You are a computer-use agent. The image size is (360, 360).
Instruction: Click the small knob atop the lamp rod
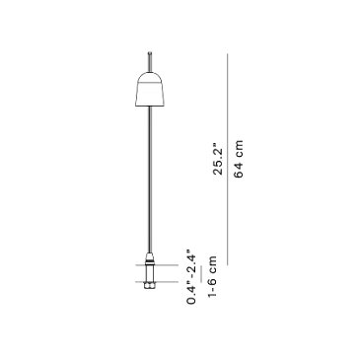pyautogui.click(x=150, y=52)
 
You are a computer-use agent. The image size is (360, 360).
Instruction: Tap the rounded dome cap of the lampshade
pyautogui.click(x=150, y=78)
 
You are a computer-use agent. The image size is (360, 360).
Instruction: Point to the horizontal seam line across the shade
pyautogui.click(x=150, y=85)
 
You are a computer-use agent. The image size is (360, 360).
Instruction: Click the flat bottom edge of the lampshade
pyautogui.click(x=150, y=106)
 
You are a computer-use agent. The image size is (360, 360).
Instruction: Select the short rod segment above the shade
pyautogui.click(x=150, y=62)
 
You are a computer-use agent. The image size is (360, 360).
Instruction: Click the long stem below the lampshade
pyautogui.click(x=150, y=180)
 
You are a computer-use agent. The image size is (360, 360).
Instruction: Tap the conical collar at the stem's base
pyautogui.click(x=150, y=257)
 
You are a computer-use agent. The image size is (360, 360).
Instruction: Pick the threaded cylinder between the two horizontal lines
pyautogui.click(x=150, y=273)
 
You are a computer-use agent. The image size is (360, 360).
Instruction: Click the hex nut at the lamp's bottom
pyautogui.click(x=150, y=286)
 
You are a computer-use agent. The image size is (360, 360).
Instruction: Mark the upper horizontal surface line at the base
pyautogui.click(x=157, y=265)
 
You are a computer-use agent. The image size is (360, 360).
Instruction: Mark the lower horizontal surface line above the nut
pyautogui.click(x=157, y=282)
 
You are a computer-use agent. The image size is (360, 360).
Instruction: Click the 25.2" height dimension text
pyautogui.click(x=218, y=159)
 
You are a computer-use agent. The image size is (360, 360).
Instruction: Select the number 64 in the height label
pyautogui.click(x=239, y=170)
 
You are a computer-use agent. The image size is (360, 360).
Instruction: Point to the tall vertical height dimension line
pyautogui.click(x=228, y=159)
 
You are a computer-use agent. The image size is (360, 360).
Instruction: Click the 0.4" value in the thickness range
pyautogui.click(x=191, y=294)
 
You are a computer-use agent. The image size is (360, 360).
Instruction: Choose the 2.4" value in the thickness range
pyautogui.click(x=191, y=263)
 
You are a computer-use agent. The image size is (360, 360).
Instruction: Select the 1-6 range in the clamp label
pyautogui.click(x=212, y=288)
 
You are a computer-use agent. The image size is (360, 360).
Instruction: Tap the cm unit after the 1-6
pyautogui.click(x=212, y=266)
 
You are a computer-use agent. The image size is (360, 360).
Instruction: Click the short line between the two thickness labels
pyautogui.click(x=201, y=275)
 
